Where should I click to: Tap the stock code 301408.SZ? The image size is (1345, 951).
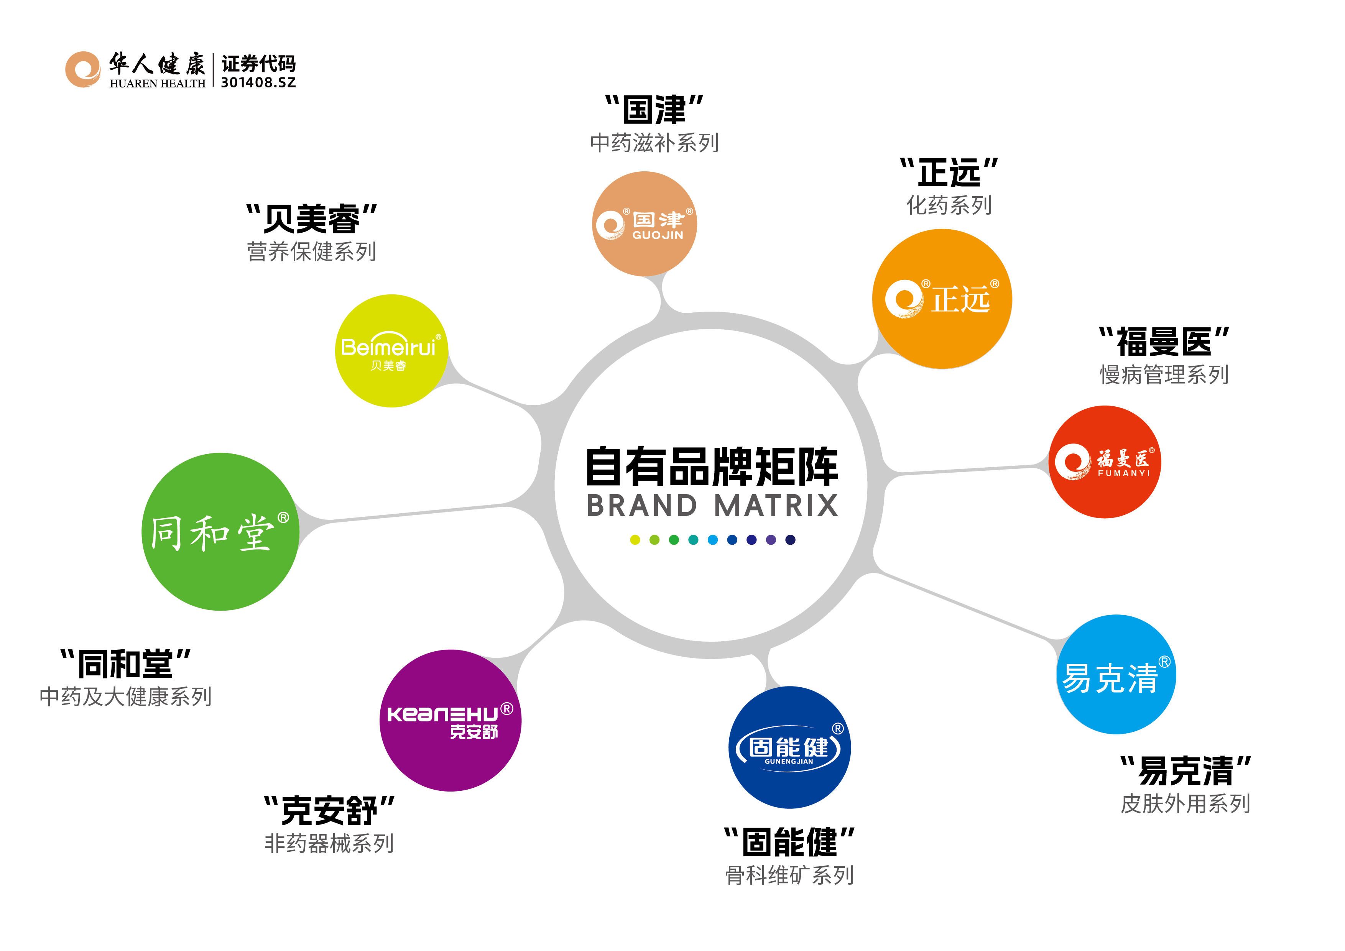click(258, 82)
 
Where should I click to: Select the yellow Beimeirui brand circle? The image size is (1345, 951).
click(391, 351)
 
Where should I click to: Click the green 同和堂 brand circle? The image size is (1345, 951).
click(221, 532)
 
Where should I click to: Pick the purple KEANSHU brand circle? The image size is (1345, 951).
click(451, 720)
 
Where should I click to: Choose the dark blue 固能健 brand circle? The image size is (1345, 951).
click(790, 747)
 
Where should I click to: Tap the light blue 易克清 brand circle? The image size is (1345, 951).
click(1116, 674)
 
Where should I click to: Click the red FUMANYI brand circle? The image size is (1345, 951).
click(1105, 462)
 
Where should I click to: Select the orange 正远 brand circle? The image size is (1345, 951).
click(942, 299)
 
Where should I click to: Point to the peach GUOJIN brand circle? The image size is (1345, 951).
click(645, 224)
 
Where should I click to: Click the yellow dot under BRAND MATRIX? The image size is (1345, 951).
click(635, 540)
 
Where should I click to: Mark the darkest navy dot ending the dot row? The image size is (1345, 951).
click(790, 540)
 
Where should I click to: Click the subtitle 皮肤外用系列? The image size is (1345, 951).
click(1186, 803)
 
